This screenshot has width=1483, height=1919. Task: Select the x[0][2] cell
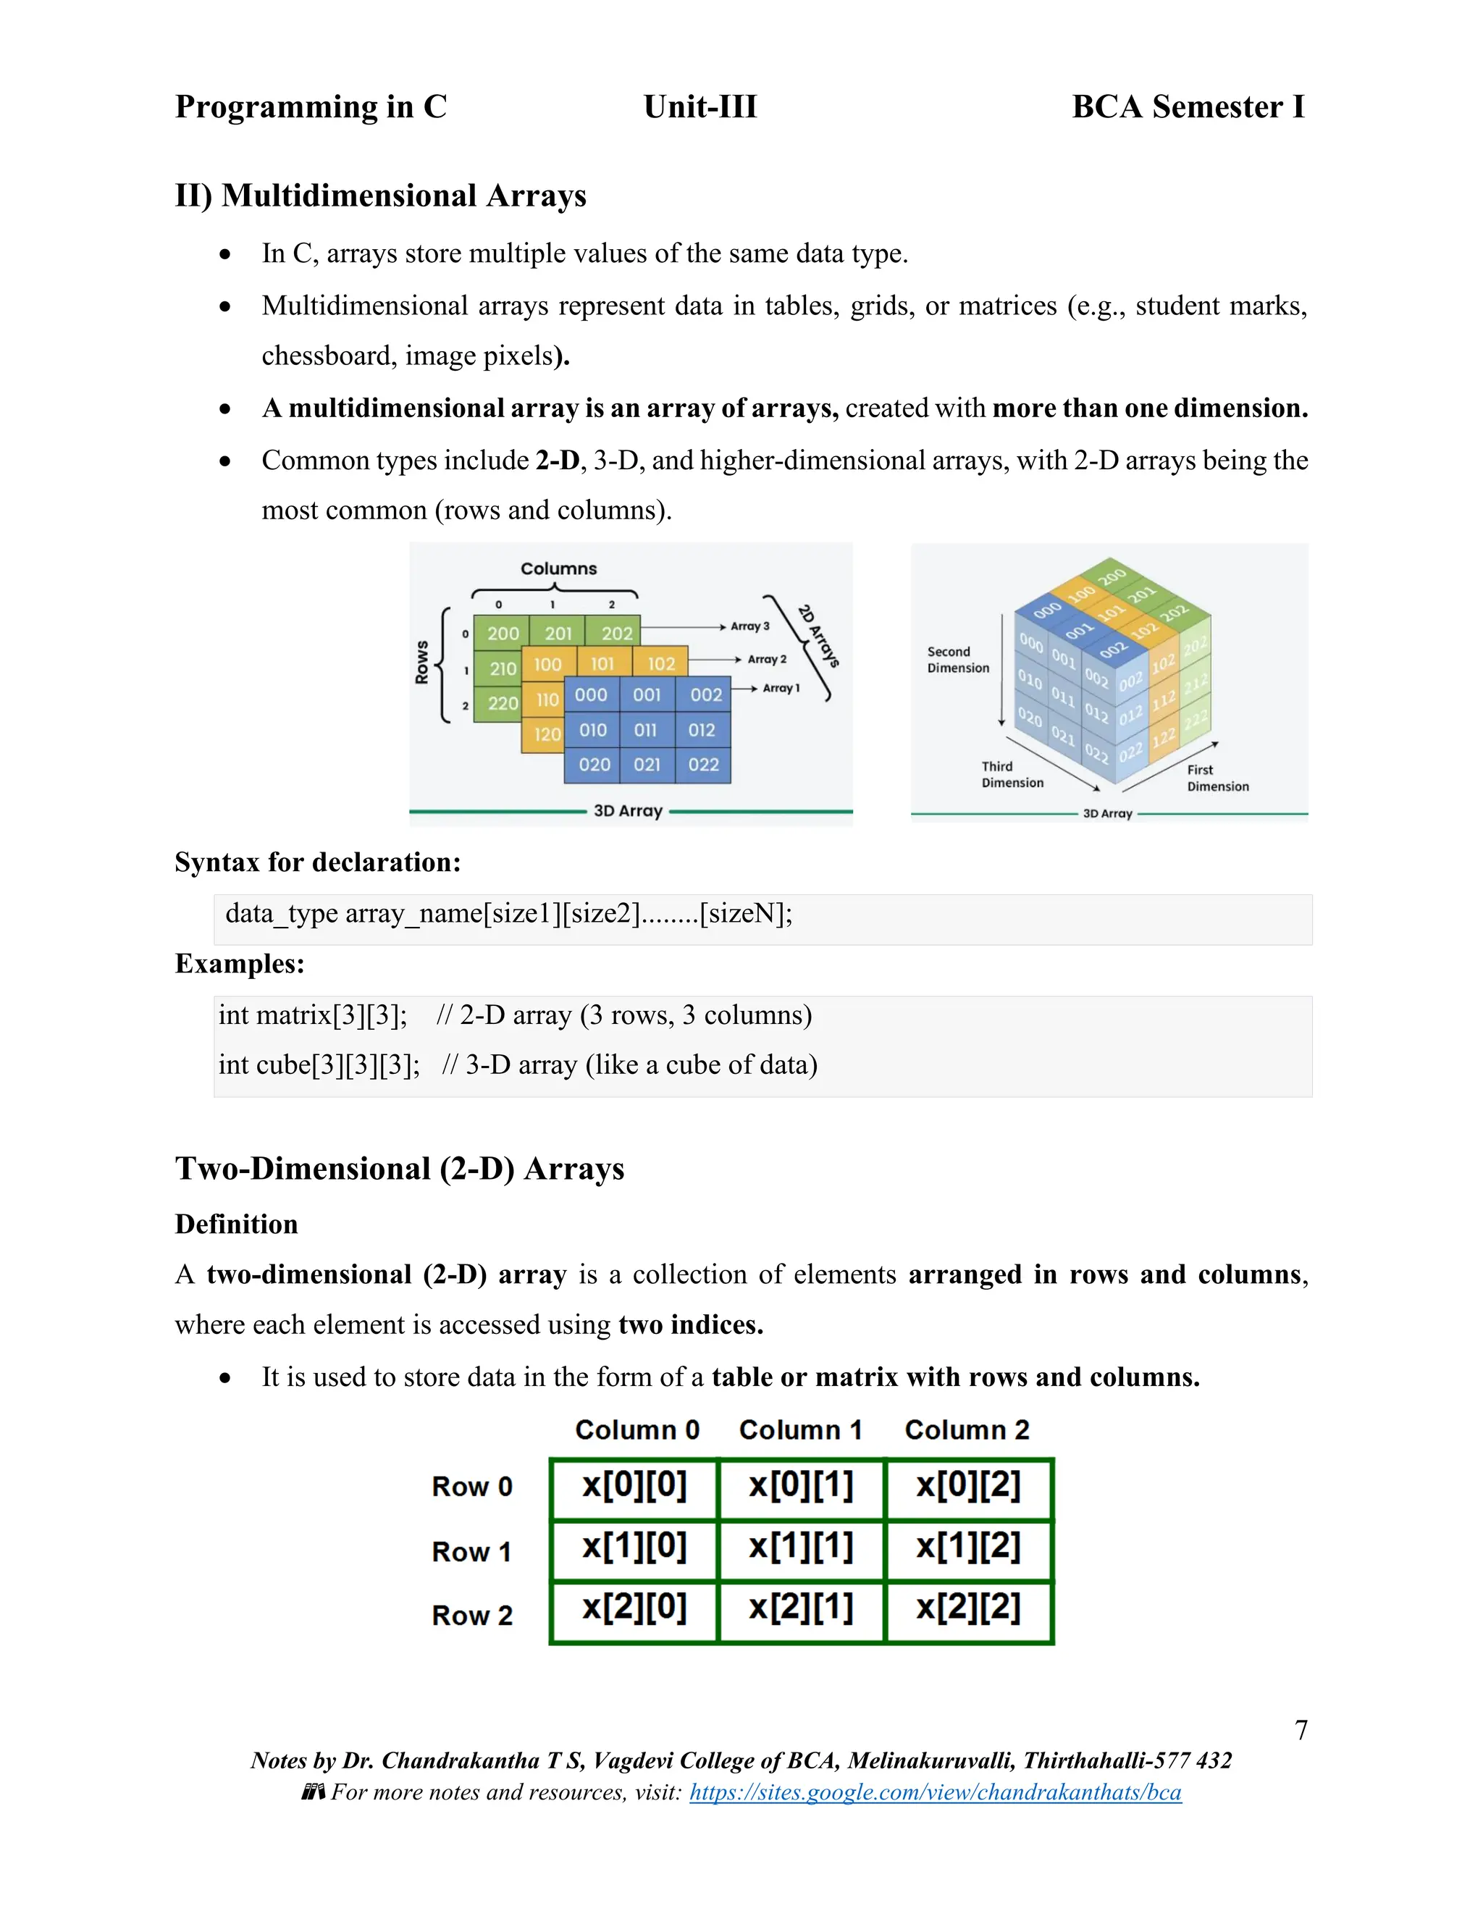(x=968, y=1486)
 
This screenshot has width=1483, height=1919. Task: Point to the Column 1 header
(x=800, y=1429)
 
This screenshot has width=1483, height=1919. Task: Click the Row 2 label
(x=472, y=1615)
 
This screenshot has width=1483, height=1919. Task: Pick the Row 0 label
(x=472, y=1487)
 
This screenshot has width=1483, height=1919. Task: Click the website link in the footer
(x=935, y=1792)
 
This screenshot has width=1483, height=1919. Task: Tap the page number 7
(x=1301, y=1730)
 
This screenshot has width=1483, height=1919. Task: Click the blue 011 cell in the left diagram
(x=646, y=730)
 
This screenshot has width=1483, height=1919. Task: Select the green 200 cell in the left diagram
(x=503, y=634)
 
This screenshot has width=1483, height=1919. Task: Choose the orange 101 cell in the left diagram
(x=602, y=664)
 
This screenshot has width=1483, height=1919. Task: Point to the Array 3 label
(x=749, y=626)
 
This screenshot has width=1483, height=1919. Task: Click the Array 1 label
(x=781, y=688)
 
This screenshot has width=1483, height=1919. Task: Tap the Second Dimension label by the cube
(x=957, y=660)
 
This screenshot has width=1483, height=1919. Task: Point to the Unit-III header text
(x=700, y=107)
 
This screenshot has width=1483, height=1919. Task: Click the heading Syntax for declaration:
(x=317, y=862)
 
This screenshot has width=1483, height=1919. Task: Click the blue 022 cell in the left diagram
(x=704, y=765)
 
